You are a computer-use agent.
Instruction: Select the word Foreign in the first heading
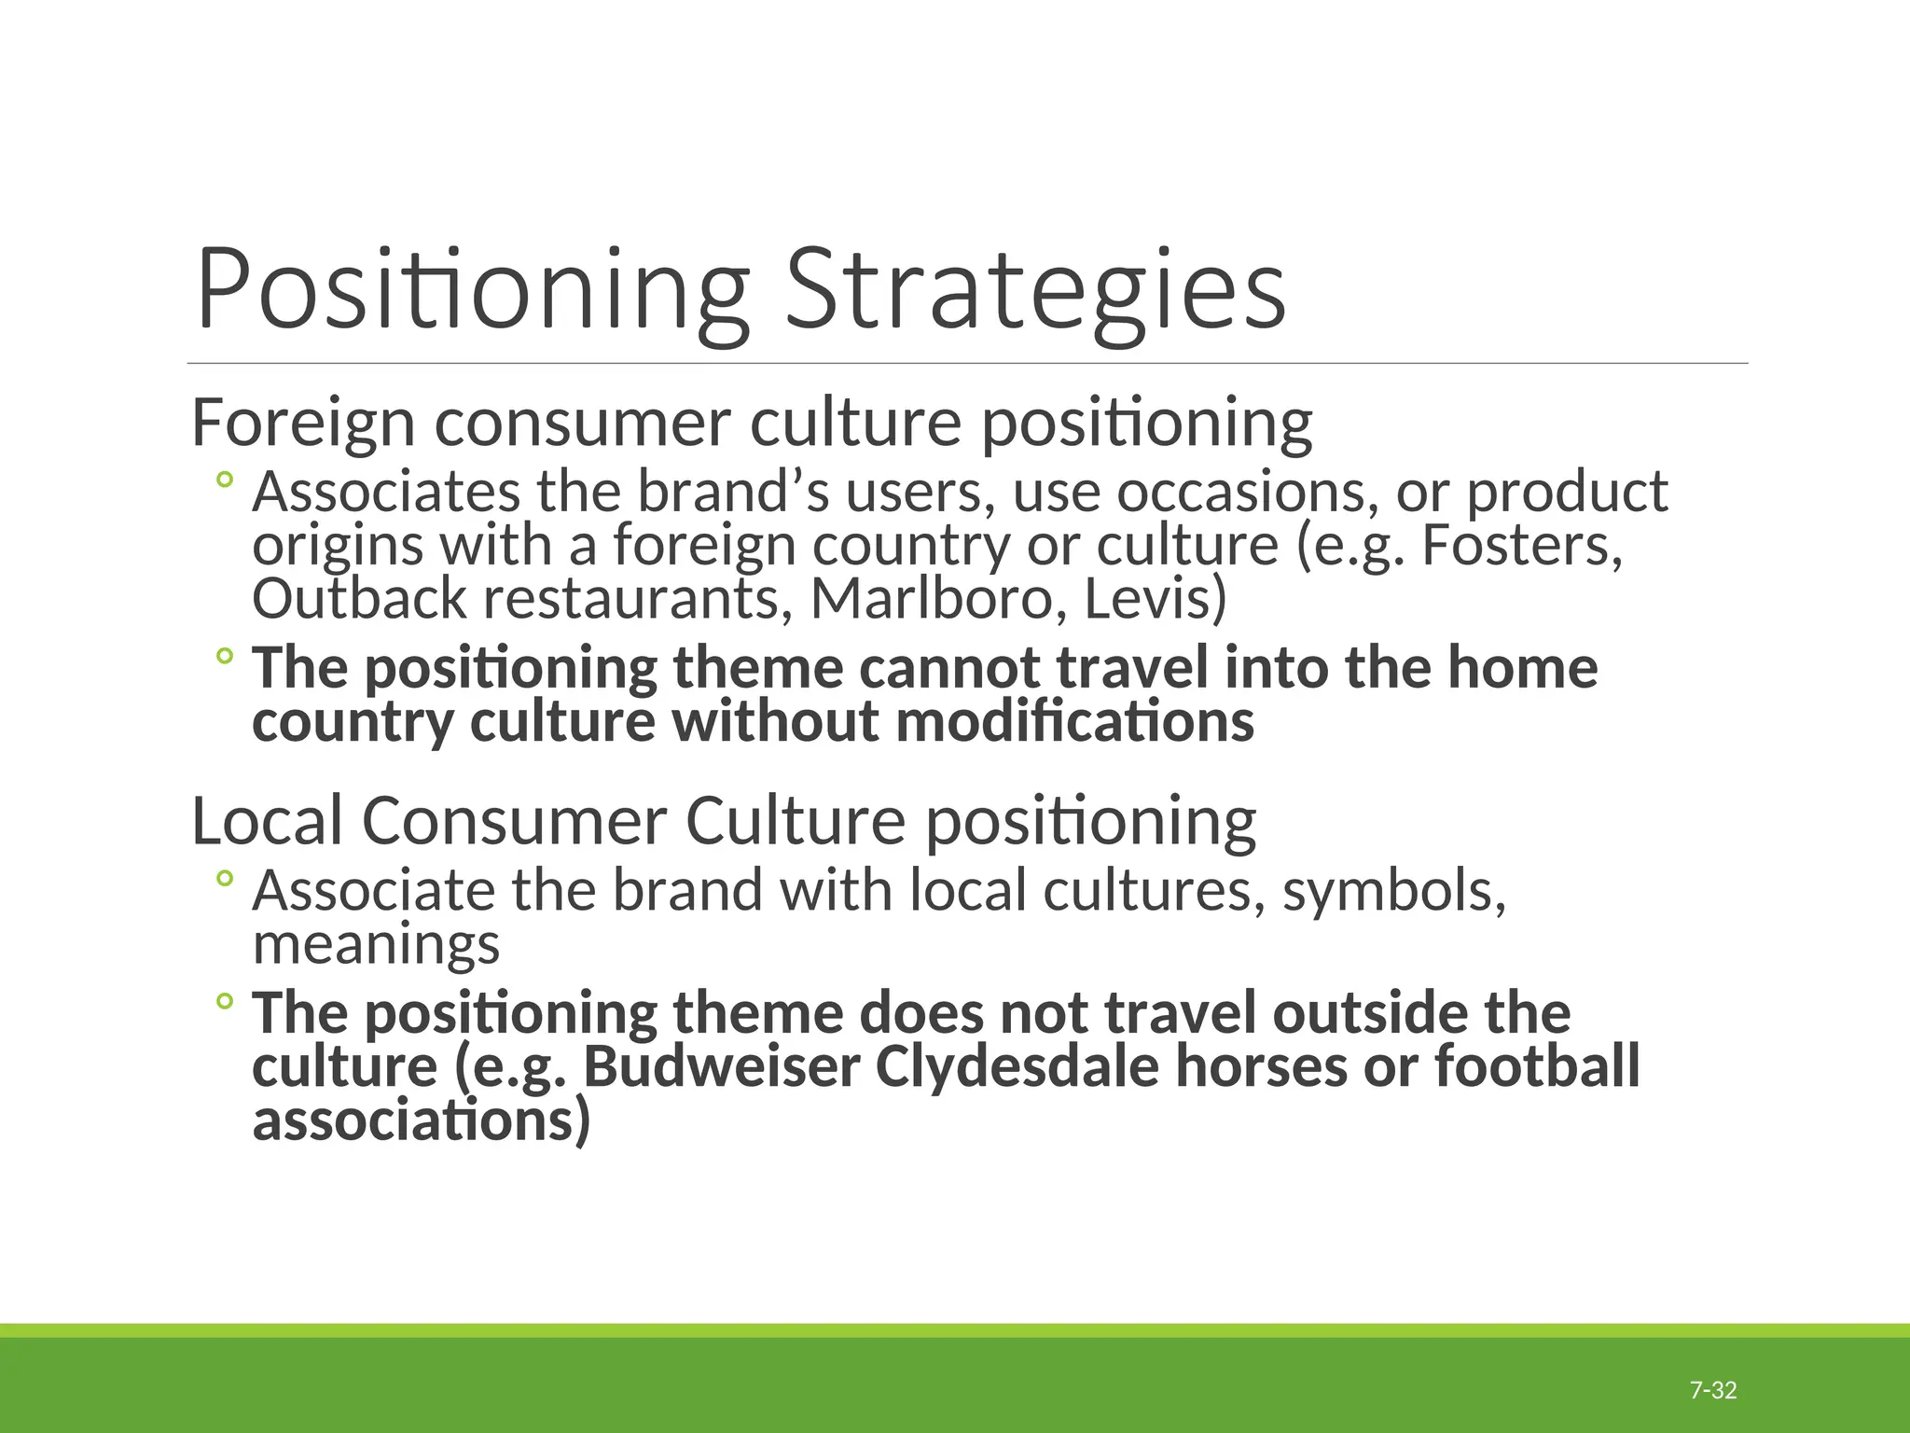click(x=302, y=423)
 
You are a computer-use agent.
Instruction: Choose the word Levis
click(x=1155, y=599)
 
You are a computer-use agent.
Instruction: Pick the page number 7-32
click(x=1713, y=1391)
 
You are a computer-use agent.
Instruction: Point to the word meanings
click(x=376, y=945)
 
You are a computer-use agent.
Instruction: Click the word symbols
click(x=1393, y=890)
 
